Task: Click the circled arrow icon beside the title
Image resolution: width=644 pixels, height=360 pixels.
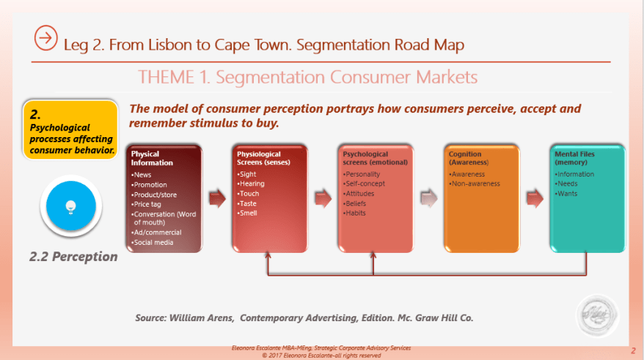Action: pyautogui.click(x=46, y=37)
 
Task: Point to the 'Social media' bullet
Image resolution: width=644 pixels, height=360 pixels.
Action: pyautogui.click(x=154, y=242)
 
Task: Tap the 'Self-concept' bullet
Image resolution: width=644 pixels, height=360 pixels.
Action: pyautogui.click(x=365, y=184)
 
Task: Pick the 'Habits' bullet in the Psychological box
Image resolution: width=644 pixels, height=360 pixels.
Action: pyautogui.click(x=358, y=213)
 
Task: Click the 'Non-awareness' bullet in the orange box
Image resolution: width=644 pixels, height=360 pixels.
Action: pyautogui.click(x=476, y=184)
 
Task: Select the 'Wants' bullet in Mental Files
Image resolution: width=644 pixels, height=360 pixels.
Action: pyautogui.click(x=568, y=194)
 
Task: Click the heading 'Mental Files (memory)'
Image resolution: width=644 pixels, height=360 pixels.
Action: pyautogui.click(x=575, y=158)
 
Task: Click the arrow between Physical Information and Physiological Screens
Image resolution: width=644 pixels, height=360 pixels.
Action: pyautogui.click(x=217, y=197)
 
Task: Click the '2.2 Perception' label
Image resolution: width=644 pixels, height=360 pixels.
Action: pyautogui.click(x=73, y=257)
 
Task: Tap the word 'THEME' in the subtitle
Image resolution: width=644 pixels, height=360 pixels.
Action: pyautogui.click(x=164, y=77)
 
